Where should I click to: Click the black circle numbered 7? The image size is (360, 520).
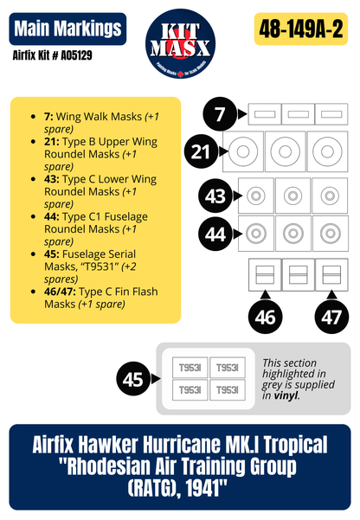[221, 112]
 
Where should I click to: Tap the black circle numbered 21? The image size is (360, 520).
[202, 151]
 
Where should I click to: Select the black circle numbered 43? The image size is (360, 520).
[215, 196]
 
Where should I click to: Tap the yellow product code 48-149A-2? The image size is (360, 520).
[304, 29]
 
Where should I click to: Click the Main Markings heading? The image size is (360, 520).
[67, 29]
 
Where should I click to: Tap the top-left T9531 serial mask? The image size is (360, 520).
[190, 368]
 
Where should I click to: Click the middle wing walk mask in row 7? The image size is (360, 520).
[297, 113]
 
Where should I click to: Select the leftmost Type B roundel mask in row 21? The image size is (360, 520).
[243, 151]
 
